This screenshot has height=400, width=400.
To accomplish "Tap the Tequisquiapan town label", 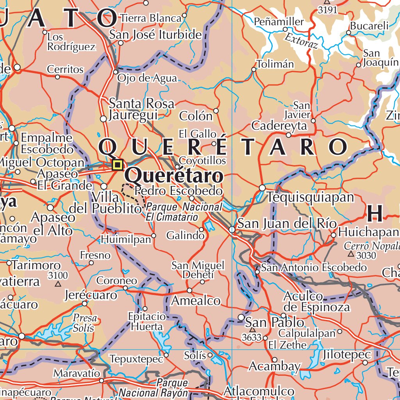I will click(311, 197).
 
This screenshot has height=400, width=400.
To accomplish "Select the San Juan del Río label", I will click(287, 224).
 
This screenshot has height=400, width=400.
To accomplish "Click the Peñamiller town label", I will click(279, 22).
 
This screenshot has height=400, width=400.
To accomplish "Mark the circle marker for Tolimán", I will click(254, 70).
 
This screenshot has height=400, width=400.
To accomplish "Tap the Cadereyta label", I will click(279, 126).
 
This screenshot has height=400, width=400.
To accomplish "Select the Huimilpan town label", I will click(126, 239).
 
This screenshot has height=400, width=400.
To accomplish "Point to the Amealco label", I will click(196, 301).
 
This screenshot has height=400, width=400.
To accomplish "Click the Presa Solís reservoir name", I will click(84, 323).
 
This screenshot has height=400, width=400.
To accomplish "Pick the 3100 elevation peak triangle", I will click(58, 284).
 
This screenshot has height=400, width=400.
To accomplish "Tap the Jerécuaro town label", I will click(91, 295).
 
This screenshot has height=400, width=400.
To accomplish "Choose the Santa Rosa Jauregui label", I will click(141, 109).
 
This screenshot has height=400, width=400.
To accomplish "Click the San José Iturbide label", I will click(155, 35).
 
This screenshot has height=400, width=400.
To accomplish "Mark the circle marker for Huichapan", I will click(333, 235).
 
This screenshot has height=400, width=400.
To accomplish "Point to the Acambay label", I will click(274, 366).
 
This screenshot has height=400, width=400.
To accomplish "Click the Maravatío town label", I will click(77, 373).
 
